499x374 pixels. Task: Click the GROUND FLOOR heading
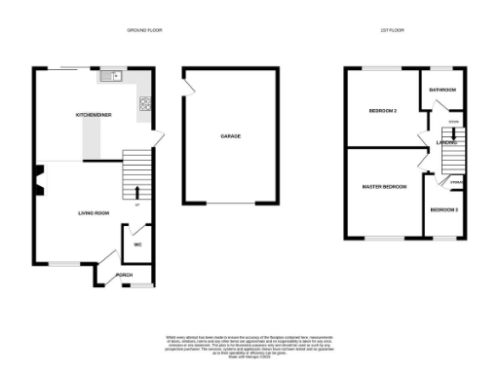pyautogui.click(x=144, y=31)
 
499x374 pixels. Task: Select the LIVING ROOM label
pyautogui.click(x=94, y=211)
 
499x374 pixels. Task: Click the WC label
pyautogui.click(x=137, y=244)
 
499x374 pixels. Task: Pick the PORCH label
pyautogui.click(x=124, y=276)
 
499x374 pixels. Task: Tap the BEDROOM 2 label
pyautogui.click(x=382, y=111)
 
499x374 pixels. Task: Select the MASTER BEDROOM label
pyautogui.click(x=384, y=186)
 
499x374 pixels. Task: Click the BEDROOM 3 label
pyautogui.click(x=443, y=210)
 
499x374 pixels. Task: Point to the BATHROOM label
pyautogui.click(x=442, y=90)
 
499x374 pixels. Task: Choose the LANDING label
pyautogui.click(x=446, y=142)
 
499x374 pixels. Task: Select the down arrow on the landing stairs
pyautogui.click(x=452, y=136)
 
